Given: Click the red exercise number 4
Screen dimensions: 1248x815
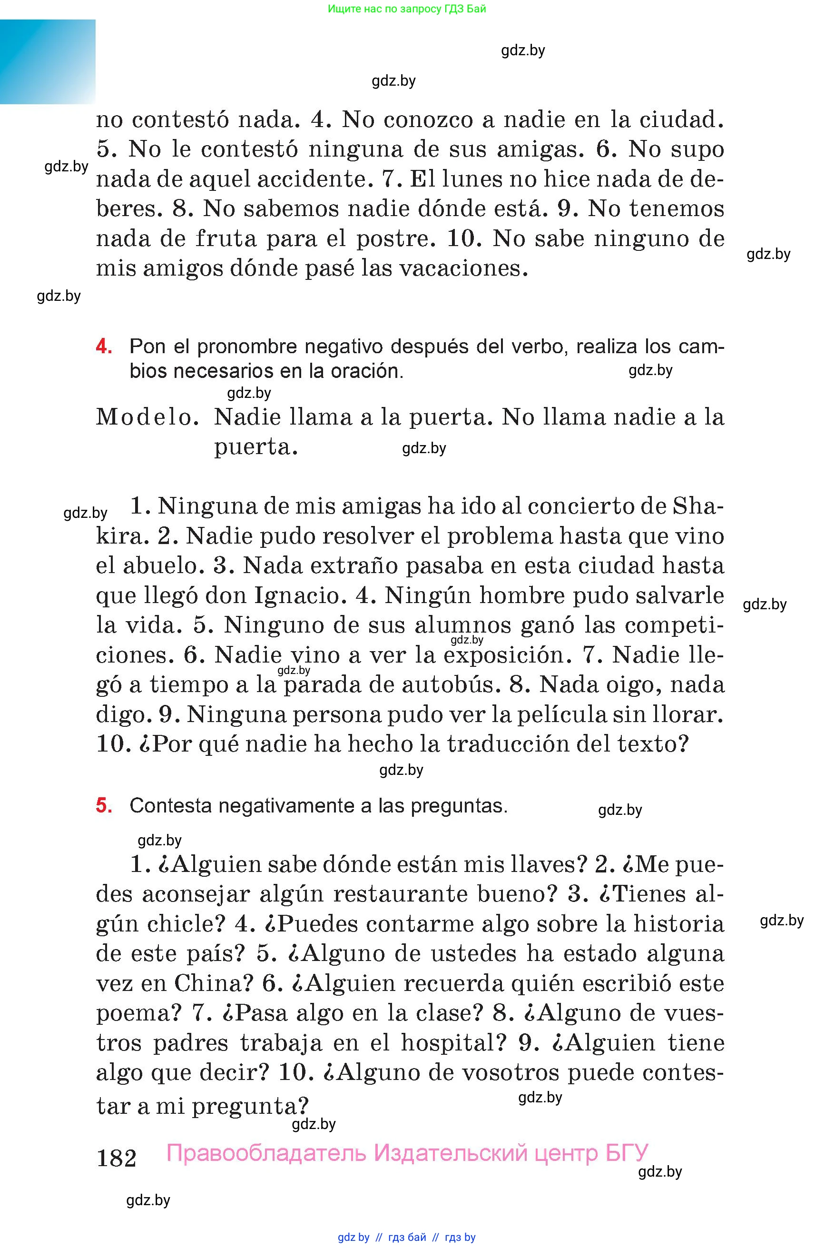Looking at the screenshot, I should coord(104,347).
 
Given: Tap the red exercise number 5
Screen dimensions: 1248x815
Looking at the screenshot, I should coord(104,805).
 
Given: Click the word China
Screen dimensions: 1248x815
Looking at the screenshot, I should coord(206,983).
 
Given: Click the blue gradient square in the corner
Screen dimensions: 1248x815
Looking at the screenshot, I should coord(48,61).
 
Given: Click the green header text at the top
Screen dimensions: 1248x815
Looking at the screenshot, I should coord(407,9).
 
